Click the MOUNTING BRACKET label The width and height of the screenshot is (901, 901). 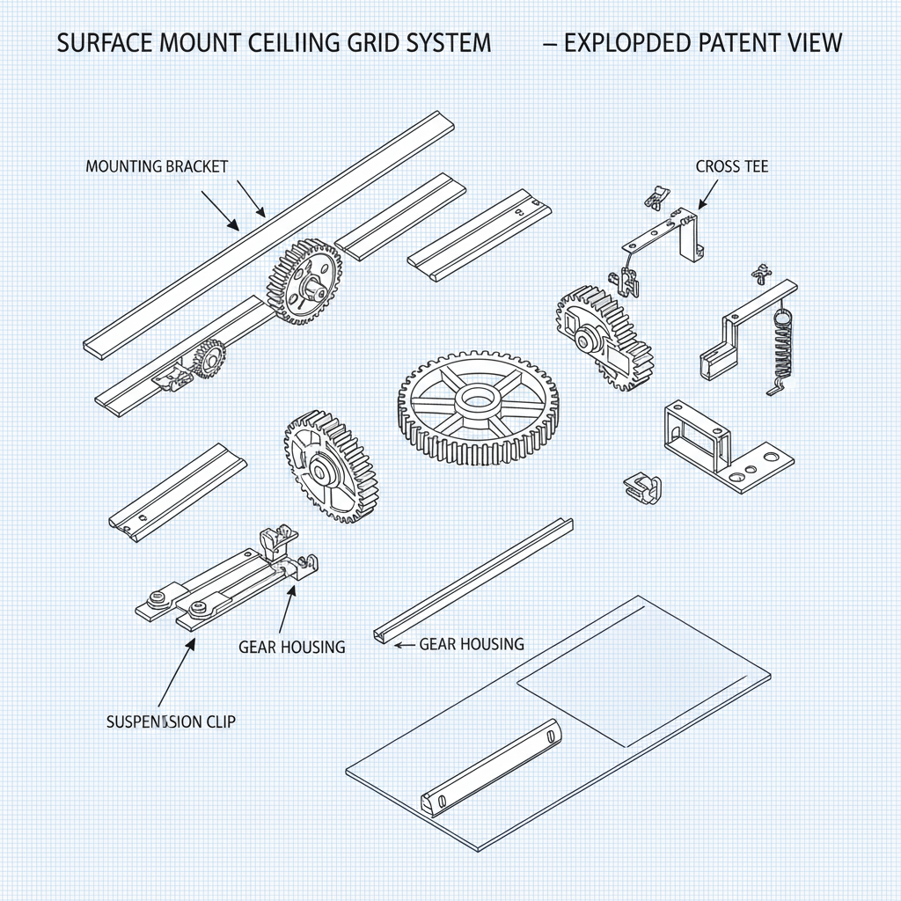pos(157,166)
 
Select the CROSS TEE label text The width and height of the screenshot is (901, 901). pos(731,166)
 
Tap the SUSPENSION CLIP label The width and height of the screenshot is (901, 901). pos(171,722)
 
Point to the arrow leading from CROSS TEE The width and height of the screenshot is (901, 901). pos(709,193)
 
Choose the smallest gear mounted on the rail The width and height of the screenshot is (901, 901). pos(209,358)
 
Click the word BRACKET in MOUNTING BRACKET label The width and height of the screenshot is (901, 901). pos(196,166)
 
